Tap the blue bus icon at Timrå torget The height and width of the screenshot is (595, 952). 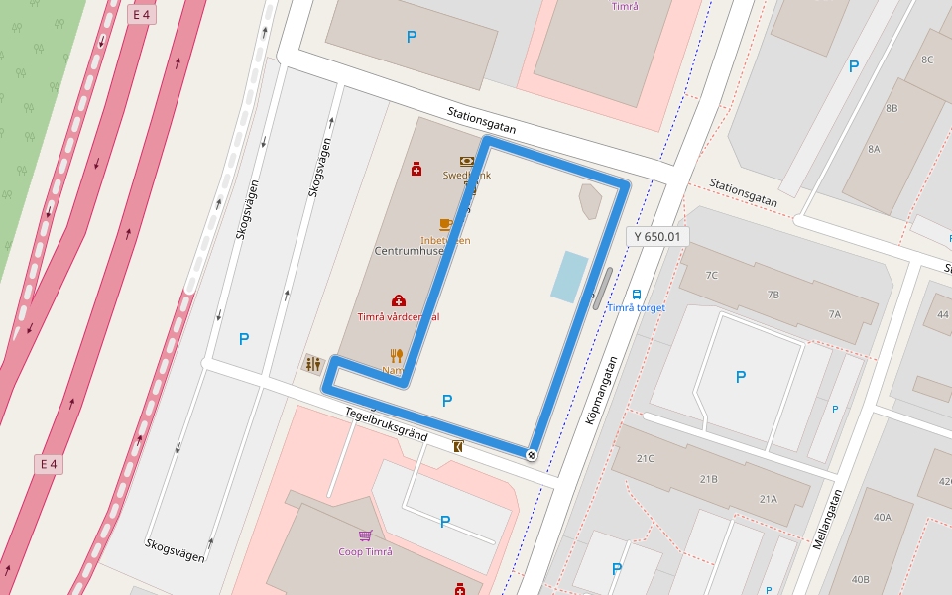(637, 294)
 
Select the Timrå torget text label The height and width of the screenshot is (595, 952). (636, 307)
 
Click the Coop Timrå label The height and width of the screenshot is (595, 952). (365, 552)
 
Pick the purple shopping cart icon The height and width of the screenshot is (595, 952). (365, 536)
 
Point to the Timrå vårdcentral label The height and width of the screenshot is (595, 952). (398, 317)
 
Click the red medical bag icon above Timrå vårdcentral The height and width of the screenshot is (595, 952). (399, 300)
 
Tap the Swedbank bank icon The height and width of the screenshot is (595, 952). (466, 161)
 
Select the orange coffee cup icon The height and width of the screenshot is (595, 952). (445, 224)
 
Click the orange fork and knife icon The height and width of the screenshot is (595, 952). (397, 355)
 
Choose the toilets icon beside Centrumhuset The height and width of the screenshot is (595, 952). (313, 364)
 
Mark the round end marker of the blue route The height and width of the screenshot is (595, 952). (532, 455)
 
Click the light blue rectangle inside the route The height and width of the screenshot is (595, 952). (569, 277)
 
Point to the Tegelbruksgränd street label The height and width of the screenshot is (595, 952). (386, 423)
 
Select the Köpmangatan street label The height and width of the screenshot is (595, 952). (601, 392)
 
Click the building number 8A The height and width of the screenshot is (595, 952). (874, 149)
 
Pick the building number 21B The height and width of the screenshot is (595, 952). (708, 479)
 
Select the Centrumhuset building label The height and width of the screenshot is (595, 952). (409, 251)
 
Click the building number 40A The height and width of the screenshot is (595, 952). (882, 517)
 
